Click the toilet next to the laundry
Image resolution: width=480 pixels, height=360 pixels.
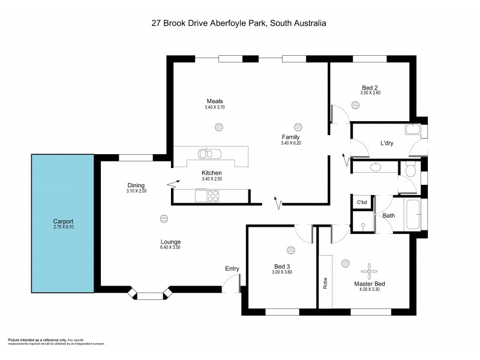(x=410, y=171)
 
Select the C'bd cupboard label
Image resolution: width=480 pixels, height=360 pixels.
(x=362, y=202)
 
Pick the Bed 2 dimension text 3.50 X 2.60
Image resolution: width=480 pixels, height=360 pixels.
(x=370, y=93)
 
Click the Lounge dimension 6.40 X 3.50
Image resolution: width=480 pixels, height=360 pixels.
(x=170, y=247)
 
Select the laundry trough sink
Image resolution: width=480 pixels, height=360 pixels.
(x=413, y=130)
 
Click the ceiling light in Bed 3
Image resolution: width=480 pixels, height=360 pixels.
(x=291, y=250)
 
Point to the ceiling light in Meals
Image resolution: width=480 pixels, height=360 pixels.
(x=217, y=126)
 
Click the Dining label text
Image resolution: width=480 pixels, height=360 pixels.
(x=136, y=185)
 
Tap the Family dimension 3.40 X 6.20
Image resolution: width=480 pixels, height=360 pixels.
(x=290, y=143)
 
